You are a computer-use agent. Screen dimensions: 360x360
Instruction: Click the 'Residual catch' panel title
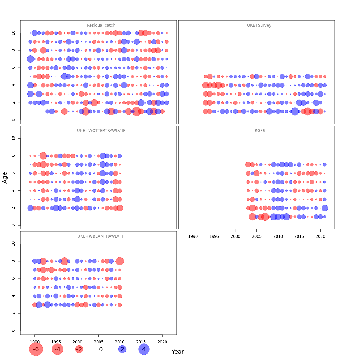(x=101, y=25)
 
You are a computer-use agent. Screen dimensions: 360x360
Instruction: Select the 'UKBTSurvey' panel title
(x=259, y=25)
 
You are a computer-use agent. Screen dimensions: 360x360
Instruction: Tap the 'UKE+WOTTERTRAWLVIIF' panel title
(x=101, y=131)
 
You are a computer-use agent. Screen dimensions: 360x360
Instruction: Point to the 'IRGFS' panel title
(x=259, y=131)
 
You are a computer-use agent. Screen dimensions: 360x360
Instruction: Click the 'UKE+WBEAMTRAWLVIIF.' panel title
(x=101, y=236)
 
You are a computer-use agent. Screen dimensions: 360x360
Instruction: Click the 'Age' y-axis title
(x=5, y=178)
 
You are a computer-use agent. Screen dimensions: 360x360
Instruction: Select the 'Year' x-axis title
(x=178, y=352)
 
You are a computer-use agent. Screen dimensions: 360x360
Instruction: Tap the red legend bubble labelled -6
(x=36, y=349)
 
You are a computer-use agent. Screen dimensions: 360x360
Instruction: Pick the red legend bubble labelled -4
(x=58, y=349)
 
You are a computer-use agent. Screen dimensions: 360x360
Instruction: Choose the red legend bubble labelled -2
(x=79, y=349)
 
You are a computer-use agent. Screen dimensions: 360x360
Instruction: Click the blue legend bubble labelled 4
(x=144, y=349)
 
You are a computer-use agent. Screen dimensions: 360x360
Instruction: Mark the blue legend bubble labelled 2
(x=122, y=349)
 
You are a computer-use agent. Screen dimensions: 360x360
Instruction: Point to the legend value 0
(x=101, y=349)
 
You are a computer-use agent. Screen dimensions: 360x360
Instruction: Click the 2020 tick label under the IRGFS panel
(x=321, y=236)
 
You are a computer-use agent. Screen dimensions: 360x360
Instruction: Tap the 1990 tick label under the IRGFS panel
(x=193, y=236)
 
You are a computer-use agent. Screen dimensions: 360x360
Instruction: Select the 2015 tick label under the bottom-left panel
(x=141, y=342)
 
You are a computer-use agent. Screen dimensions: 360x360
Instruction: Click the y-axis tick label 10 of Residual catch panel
(x=13, y=33)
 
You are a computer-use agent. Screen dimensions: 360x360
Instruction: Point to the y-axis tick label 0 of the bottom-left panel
(x=13, y=331)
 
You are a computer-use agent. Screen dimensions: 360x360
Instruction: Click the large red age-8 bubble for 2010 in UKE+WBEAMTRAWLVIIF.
(x=120, y=261)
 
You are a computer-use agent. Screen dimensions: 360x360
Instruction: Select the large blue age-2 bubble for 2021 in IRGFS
(x=325, y=208)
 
